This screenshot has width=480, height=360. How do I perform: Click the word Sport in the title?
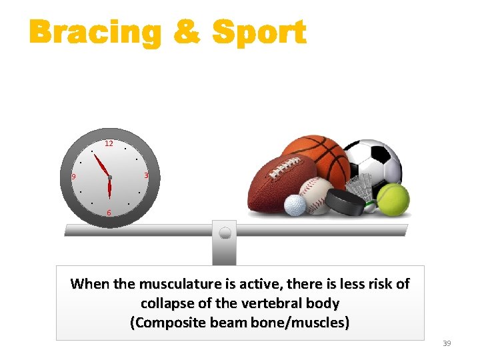click(x=259, y=33)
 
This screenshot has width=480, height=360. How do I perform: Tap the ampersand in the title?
click(x=186, y=33)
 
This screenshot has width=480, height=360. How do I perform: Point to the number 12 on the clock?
click(x=109, y=143)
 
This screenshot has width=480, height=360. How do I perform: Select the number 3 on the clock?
click(x=146, y=175)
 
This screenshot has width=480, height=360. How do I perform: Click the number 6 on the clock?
click(x=109, y=213)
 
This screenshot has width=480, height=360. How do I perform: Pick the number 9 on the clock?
click(x=74, y=177)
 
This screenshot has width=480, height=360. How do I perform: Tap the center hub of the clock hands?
click(x=109, y=177)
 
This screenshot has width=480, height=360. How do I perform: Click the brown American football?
click(x=277, y=183)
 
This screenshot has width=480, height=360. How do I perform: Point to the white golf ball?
click(x=295, y=205)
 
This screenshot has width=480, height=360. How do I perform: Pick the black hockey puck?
click(x=346, y=201)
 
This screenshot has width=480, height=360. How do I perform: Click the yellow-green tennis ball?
click(x=393, y=198)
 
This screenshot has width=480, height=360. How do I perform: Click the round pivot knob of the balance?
click(x=225, y=233)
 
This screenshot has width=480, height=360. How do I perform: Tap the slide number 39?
click(x=447, y=343)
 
